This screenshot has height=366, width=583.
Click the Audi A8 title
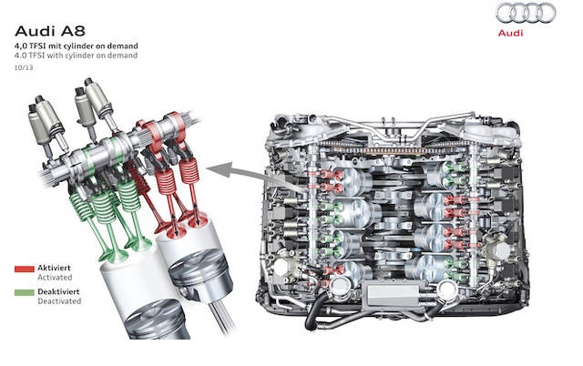click(x=50, y=31)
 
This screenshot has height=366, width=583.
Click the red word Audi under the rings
click(x=510, y=33)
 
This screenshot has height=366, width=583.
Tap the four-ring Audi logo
click(x=526, y=14)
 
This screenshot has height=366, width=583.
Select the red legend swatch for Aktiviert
click(x=25, y=269)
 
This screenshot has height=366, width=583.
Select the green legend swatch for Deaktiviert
click(x=25, y=292)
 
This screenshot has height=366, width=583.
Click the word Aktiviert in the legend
click(x=54, y=268)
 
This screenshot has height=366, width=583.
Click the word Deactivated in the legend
click(x=59, y=301)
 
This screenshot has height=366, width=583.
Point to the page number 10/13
click(x=24, y=68)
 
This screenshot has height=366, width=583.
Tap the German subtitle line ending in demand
click(x=77, y=46)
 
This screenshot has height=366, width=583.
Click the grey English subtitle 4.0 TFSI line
click(x=76, y=56)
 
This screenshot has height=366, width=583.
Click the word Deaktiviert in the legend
click(x=58, y=291)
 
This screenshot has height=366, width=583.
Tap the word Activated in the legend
click(x=55, y=277)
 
